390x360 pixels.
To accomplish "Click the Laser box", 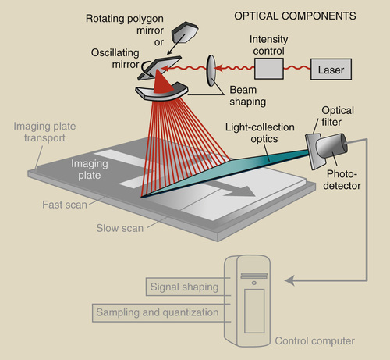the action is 331,70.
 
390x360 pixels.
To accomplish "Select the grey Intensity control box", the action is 269,69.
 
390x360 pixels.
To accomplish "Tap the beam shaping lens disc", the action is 211,70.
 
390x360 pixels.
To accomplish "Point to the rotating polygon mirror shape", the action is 185,32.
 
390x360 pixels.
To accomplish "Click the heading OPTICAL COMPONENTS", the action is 295,16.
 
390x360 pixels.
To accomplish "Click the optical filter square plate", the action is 314,151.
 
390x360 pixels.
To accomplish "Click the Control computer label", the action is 314,340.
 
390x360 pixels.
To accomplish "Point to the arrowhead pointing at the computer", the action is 289,280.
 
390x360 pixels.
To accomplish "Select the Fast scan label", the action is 65,205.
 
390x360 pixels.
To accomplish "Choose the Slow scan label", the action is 119,228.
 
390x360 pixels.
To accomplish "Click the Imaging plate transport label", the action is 44,132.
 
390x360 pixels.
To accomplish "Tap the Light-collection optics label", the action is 260,133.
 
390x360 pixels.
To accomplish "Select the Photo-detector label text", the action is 342,180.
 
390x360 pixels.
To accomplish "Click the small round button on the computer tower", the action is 254,283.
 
